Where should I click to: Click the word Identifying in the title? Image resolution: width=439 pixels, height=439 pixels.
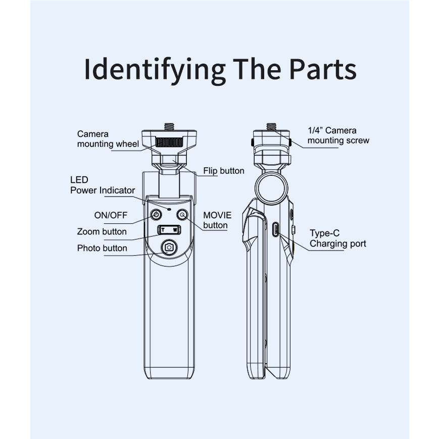155,71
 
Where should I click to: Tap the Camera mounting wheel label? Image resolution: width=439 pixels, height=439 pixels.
108,139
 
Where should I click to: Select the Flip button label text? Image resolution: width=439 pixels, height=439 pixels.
224,171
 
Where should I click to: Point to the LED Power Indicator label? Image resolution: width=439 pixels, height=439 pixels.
103,185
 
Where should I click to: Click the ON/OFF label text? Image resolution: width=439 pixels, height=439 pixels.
111,215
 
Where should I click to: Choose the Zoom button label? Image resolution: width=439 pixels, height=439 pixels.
102,231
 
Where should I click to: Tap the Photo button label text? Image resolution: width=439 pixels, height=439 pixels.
102,248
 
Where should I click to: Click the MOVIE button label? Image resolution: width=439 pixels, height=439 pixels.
217,220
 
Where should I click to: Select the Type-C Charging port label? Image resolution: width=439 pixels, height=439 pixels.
337,238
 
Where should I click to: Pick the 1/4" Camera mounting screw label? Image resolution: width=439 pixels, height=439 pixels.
338,135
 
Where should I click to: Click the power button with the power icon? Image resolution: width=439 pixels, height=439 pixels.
156,215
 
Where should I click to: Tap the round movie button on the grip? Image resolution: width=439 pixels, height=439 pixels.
182,215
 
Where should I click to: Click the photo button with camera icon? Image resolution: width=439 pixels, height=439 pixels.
169,248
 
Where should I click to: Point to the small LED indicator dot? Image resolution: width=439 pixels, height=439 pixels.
169,209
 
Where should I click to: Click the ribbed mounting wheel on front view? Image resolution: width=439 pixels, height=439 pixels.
169,142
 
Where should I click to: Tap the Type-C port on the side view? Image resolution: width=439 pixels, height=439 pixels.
275,229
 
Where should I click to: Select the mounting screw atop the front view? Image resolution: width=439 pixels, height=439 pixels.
169,127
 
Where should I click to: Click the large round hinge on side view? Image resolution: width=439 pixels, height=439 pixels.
271,188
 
